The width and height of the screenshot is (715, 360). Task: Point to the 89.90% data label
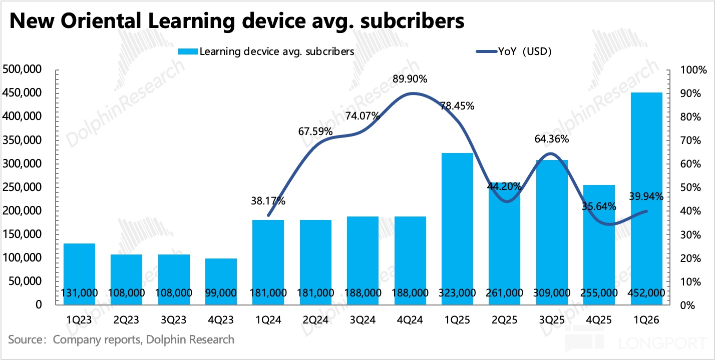(410, 79)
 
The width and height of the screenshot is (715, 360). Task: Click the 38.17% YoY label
(268, 201)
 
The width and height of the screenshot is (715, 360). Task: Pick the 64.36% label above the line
(551, 139)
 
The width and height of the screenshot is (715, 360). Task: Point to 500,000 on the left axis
(24, 69)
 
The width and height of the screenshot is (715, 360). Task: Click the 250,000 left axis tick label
(24, 187)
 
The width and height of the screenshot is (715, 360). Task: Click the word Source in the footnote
(25, 340)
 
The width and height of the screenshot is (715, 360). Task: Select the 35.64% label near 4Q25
(599, 206)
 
